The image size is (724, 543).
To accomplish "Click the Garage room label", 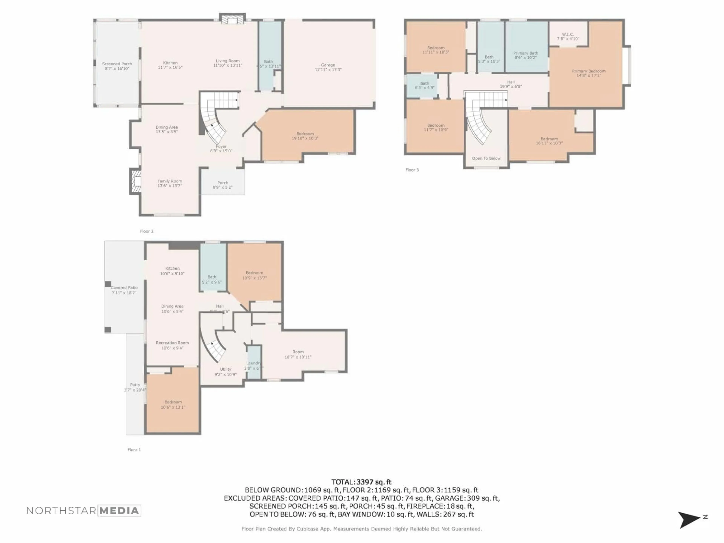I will point(328,67).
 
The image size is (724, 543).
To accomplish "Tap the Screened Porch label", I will point(117,66).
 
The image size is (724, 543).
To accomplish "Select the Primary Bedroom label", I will point(588,73).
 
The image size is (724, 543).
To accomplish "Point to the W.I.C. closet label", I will point(568,36).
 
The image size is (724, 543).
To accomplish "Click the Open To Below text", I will point(486,158).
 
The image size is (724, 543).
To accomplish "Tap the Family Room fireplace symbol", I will point(136,181).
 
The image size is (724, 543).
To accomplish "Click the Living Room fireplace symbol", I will point(232,20).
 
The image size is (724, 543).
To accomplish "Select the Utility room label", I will point(225,371).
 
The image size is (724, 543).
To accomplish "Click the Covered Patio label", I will point(124,290).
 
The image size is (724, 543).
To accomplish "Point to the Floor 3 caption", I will point(412,170).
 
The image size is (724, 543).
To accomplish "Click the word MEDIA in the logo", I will point(119,511).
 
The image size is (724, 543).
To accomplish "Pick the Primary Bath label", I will point(526,55).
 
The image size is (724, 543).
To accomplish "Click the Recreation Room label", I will point(172,345).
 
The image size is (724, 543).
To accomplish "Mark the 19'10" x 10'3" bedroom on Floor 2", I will point(305,136).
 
